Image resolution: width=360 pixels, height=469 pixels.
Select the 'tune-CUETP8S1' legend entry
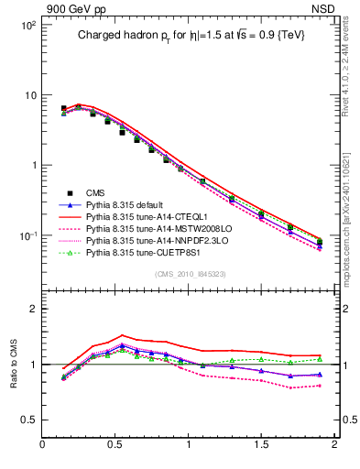tap(147, 252)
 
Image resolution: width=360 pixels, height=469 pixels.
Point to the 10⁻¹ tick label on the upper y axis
tap(27, 236)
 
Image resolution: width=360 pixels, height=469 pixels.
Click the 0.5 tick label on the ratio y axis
tap(27, 420)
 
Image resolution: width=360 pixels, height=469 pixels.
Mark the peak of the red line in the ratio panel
tap(123, 335)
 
